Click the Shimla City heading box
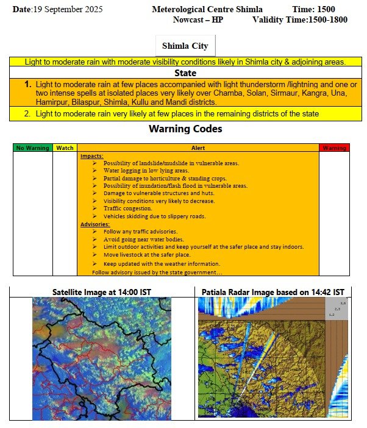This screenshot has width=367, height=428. click(185, 46)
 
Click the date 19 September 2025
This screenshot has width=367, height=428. click(58, 10)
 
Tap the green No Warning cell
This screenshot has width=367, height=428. click(32, 148)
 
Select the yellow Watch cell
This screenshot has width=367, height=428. click(65, 148)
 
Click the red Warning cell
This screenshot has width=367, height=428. click(334, 148)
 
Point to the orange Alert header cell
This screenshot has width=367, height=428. click(198, 148)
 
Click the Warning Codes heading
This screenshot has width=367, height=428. click(185, 129)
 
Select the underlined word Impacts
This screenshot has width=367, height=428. click(92, 155)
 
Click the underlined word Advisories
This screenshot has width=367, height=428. click(96, 224)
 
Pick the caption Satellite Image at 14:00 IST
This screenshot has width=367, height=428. click(102, 292)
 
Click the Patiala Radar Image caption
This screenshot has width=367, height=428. click(273, 292)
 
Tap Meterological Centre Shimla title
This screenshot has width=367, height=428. click(208, 10)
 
